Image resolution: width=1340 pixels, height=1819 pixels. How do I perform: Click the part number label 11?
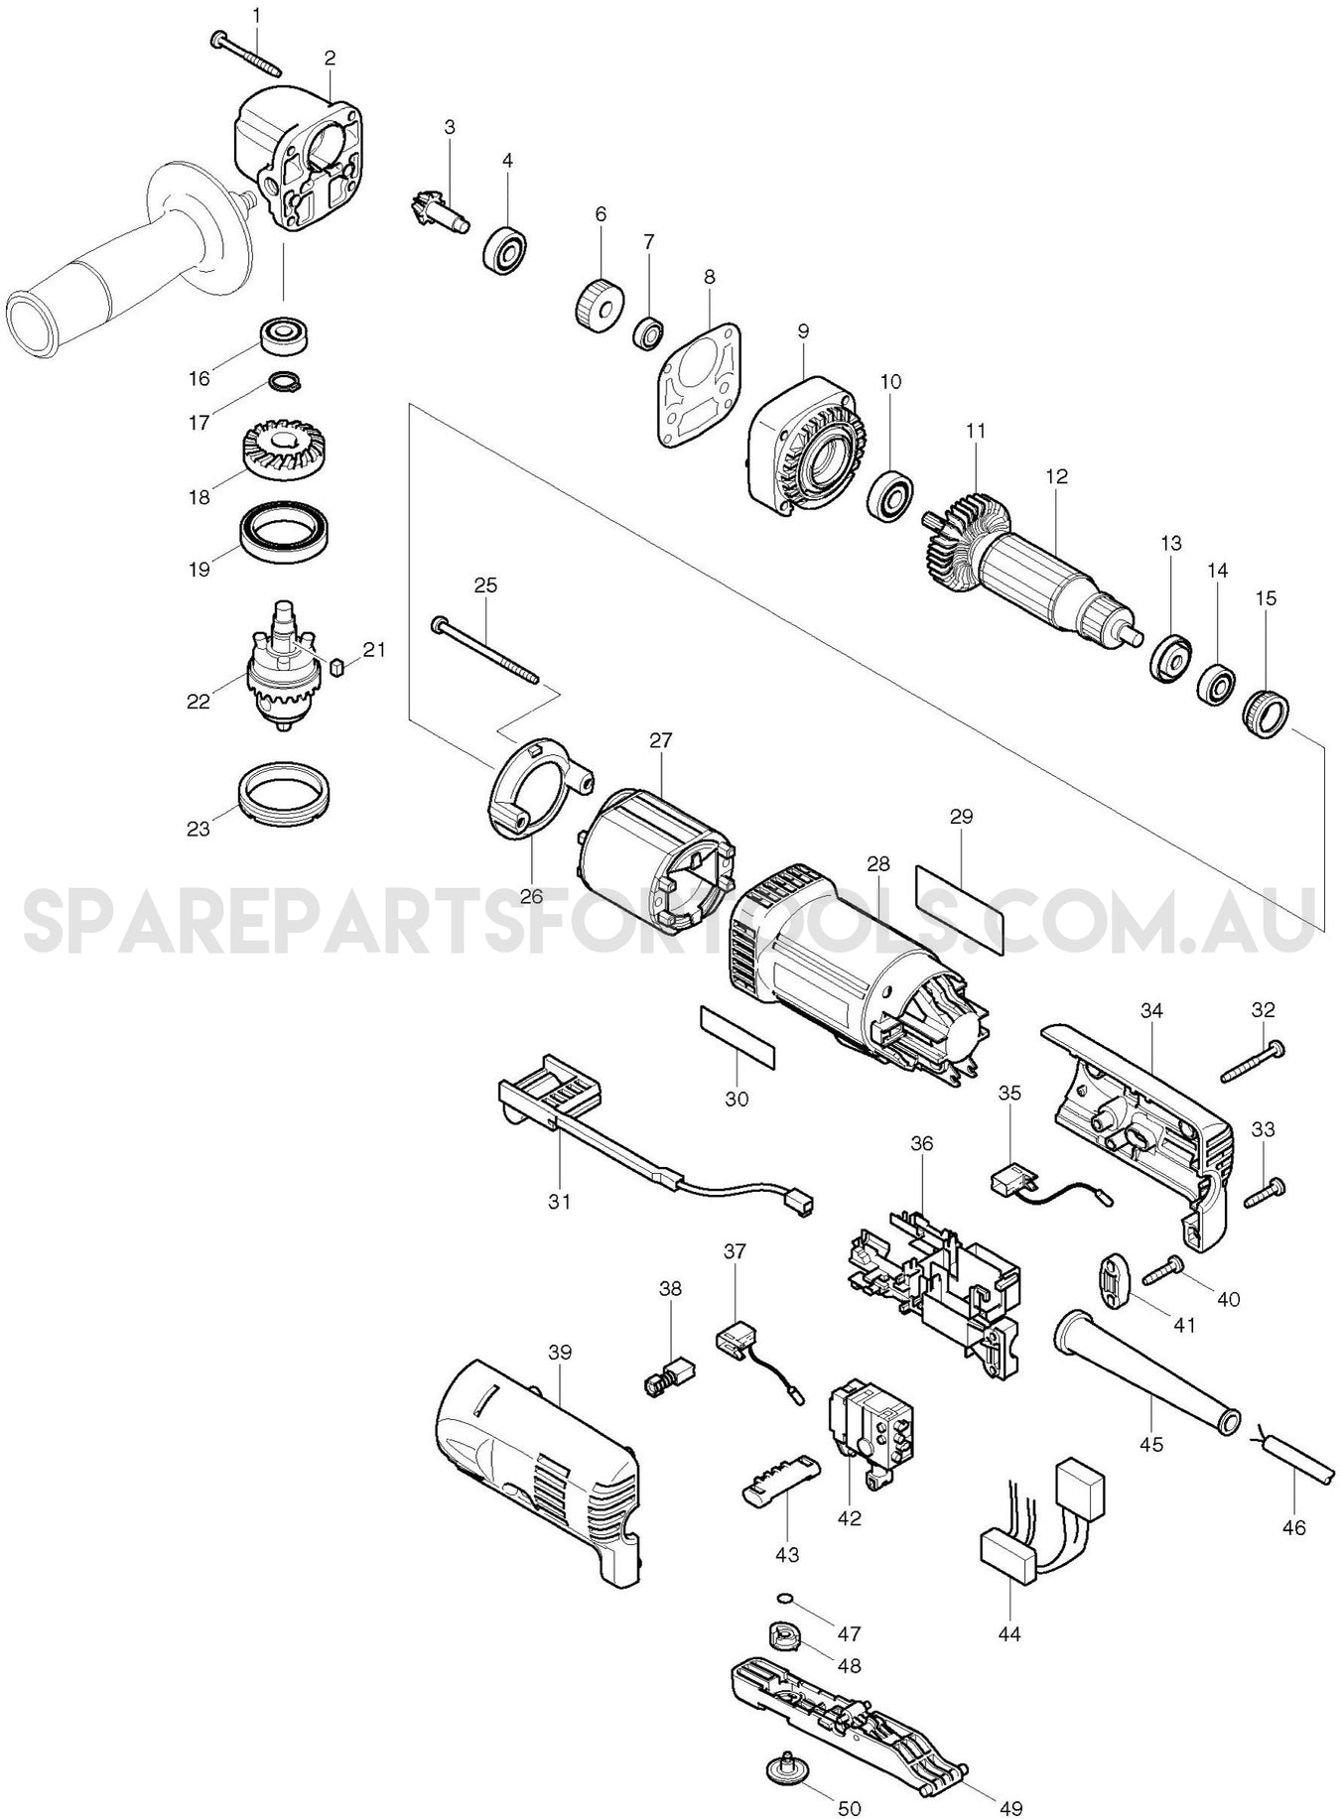(x=976, y=431)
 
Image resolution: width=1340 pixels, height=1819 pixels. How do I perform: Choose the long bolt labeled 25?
(x=486, y=652)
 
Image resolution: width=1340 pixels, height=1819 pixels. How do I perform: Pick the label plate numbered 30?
(x=736, y=1036)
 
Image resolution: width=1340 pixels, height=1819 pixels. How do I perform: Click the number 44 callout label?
(x=1010, y=1660)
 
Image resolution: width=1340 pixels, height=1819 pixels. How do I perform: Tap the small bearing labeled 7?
(x=648, y=331)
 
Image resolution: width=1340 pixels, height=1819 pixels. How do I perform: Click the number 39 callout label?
(x=560, y=1352)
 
